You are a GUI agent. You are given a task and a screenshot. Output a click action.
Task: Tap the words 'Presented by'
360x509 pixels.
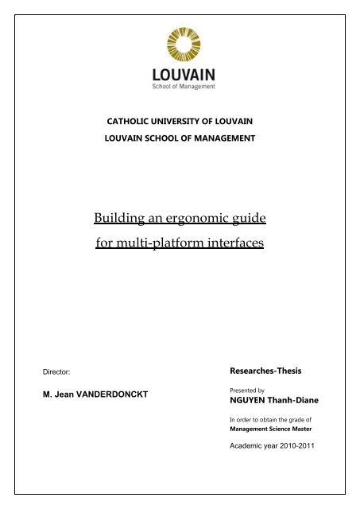coord(245,390)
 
